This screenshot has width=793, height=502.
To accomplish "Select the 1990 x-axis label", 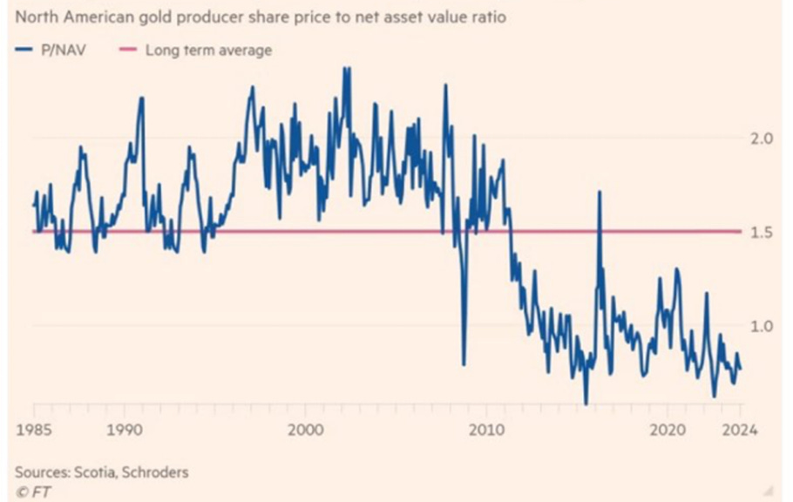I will [x=125, y=430].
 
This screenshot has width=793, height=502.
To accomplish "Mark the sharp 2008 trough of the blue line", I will [x=464, y=363].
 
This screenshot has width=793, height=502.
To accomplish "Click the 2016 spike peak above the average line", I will [x=600, y=193].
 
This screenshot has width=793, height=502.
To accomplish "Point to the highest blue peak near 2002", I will [x=347, y=68].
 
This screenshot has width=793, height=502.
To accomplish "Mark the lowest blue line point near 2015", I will [x=586, y=404].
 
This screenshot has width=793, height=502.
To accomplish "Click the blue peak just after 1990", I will [x=141, y=98].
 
